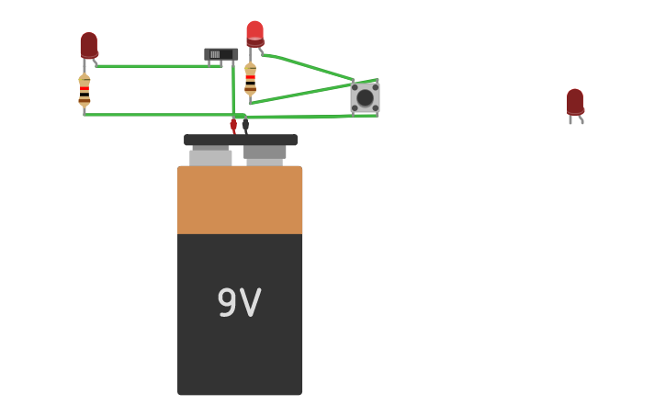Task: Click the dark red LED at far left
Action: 88,45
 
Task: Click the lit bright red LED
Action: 254,33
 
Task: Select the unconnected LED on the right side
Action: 574,102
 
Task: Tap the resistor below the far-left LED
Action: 85,90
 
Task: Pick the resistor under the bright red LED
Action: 250,79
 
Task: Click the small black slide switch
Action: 220,55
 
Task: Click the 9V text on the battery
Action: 239,303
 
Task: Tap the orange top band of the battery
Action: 240,199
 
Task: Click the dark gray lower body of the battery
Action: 240,358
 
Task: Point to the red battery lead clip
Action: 233,124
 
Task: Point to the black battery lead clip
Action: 245,124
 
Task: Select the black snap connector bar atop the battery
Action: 240,140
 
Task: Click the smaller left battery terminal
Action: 210,156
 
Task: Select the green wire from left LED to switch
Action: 152,66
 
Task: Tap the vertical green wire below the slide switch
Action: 233,87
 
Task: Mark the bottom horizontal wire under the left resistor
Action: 156,114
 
